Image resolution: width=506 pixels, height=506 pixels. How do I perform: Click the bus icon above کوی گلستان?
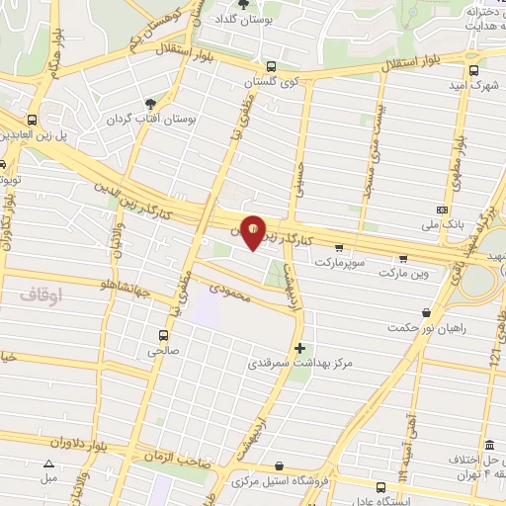271,67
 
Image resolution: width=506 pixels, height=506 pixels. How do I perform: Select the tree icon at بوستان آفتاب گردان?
150,103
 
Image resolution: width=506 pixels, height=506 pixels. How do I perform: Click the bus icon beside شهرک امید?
474,70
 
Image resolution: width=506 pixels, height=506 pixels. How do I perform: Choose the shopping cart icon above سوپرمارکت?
340,248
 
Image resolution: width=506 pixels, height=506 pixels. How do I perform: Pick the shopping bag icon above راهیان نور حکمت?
426,312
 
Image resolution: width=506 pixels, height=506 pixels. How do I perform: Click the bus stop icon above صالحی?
162,334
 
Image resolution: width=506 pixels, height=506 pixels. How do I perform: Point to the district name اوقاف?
41,294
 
